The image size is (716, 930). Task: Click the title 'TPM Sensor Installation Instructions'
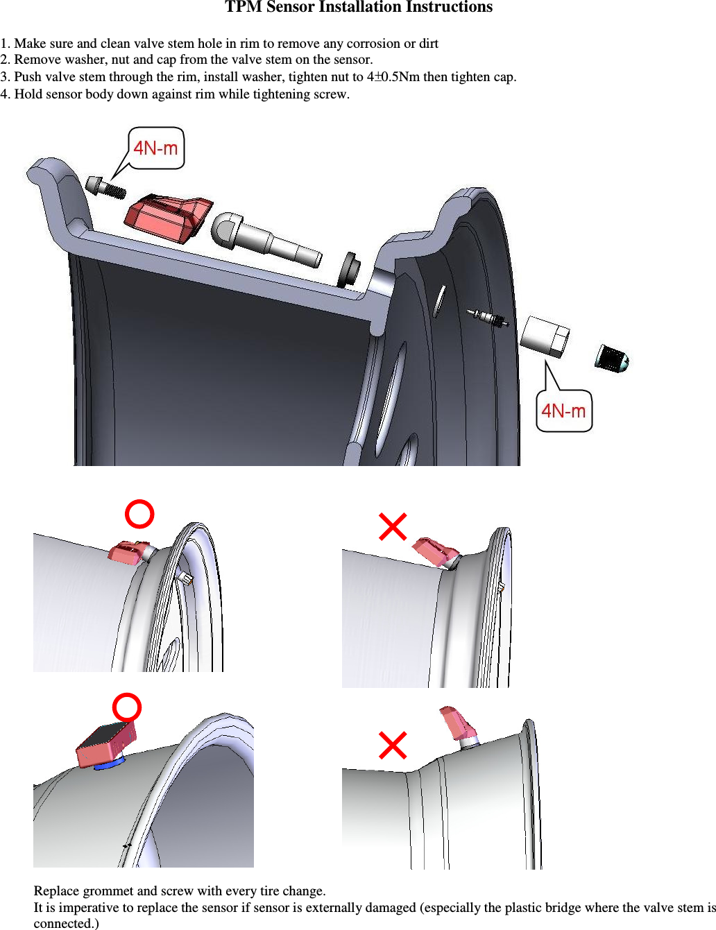tap(358, 8)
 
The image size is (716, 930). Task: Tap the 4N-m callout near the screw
tap(156, 148)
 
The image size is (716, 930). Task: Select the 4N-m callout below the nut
tap(563, 411)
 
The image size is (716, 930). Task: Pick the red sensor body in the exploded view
tap(167, 218)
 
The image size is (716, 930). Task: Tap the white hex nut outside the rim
tap(545, 336)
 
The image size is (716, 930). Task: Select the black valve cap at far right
tap(611, 358)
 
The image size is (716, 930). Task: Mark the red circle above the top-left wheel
tap(139, 514)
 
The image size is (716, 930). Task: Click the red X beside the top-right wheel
tap(393, 526)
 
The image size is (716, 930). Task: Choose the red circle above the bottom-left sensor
tap(127, 707)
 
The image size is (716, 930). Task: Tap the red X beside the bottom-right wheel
tap(393, 746)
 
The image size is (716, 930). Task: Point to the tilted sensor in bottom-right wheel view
tap(457, 724)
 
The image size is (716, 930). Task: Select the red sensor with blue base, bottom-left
tap(105, 746)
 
